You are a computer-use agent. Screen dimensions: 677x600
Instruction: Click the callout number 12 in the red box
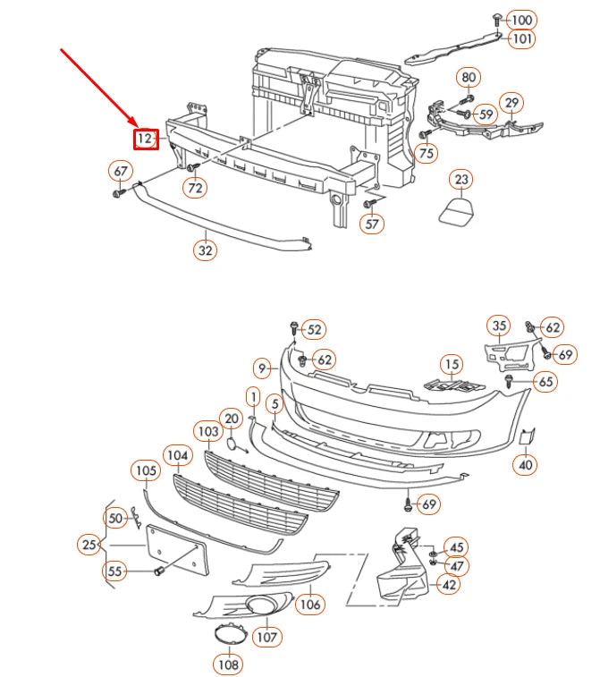pos(145,139)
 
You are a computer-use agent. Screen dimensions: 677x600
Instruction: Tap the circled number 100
pos(521,20)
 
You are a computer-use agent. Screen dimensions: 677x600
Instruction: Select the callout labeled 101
pos(521,38)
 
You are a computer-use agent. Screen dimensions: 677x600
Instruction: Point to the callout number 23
pos(461,181)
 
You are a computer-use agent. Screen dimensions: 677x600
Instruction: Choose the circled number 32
pos(206,250)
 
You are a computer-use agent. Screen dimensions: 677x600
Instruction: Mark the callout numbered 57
pos(373,224)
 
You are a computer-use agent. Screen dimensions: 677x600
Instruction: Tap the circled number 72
pos(195,188)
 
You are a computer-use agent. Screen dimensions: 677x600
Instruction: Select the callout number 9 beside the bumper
pos(262,367)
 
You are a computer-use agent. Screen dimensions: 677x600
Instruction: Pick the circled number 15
pos(452,364)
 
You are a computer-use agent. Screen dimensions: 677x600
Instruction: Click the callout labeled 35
pos(499,326)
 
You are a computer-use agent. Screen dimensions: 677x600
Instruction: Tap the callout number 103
pos(207,431)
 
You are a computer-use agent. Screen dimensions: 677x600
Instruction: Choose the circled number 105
pos(145,470)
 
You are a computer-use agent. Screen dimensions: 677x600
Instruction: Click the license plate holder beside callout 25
pos(175,548)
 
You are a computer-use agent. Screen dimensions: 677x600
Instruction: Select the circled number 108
pos(227,664)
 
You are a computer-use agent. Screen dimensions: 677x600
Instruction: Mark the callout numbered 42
pos(449,585)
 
